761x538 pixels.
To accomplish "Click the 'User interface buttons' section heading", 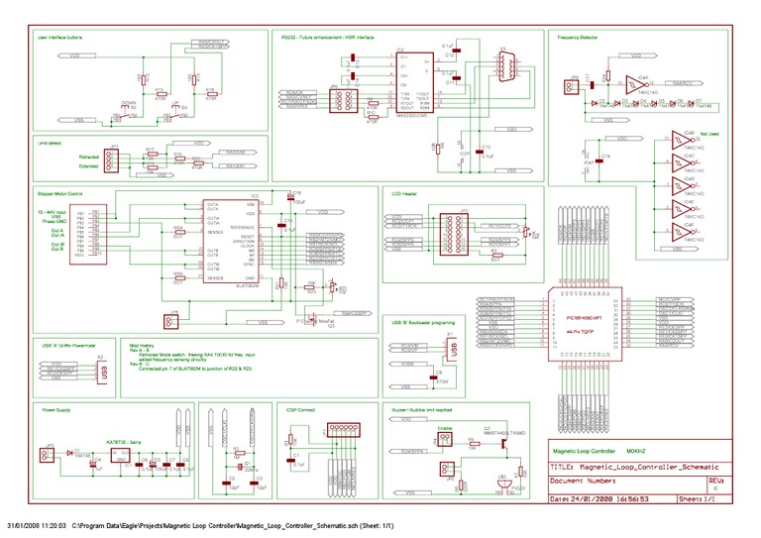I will (59, 36).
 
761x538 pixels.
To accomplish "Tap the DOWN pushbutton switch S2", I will (129, 108).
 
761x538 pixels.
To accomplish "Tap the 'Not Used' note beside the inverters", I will (708, 131).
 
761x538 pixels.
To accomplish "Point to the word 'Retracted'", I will (90, 156).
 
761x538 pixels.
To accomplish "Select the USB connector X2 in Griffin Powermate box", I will (101, 368).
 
